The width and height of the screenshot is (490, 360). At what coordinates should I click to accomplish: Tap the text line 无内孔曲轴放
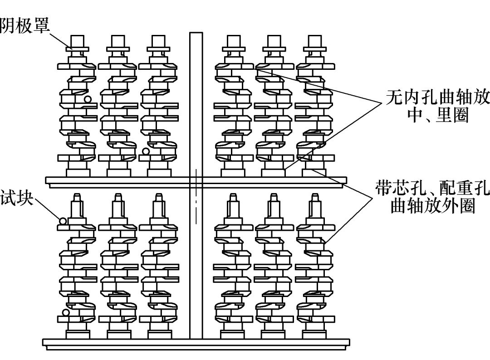(x=437, y=97)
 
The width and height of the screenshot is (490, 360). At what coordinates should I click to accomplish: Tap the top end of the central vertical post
(x=196, y=34)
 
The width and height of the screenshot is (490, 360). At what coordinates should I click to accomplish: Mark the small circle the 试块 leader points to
(x=63, y=221)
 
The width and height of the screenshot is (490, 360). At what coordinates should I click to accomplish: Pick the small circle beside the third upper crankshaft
(x=146, y=151)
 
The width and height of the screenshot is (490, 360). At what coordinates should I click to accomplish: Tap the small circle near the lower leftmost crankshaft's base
(x=66, y=312)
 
